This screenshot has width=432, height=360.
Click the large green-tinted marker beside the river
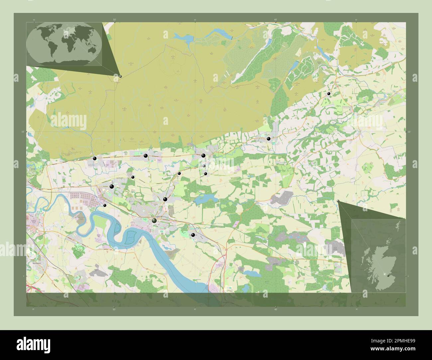154,221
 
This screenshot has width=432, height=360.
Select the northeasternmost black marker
329,94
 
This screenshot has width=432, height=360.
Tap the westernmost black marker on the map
95,158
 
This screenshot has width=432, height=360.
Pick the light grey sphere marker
204,166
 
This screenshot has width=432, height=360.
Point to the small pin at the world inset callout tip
120,76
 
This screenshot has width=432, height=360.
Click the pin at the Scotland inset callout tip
338,201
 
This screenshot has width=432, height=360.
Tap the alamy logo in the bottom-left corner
33,344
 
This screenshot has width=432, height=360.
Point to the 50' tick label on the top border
114,20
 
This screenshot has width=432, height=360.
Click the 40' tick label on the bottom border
275,309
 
